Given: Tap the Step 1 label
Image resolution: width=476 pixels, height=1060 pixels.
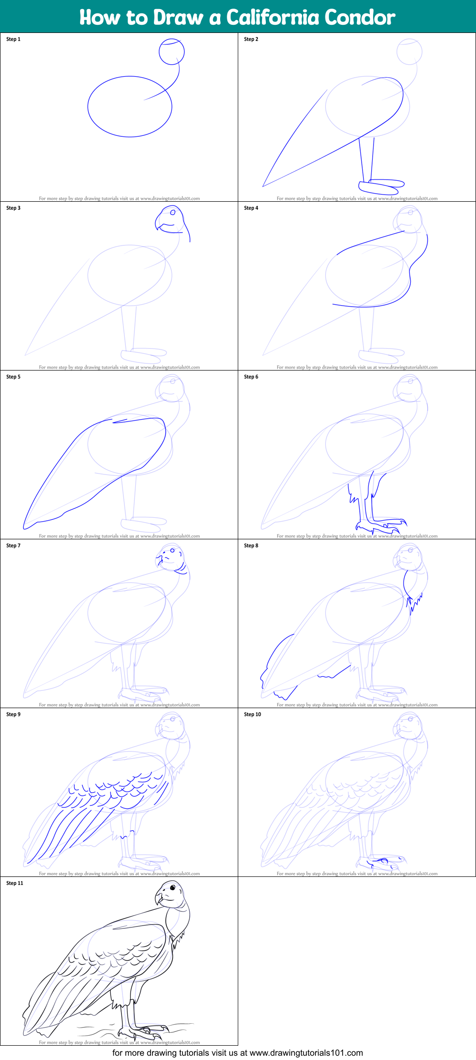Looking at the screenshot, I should click(x=13, y=39).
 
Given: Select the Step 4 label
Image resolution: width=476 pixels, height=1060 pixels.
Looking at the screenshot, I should click(x=251, y=208).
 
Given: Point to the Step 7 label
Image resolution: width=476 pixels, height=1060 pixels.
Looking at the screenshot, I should click(x=13, y=545).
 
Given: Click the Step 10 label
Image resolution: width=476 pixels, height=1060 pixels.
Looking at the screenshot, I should click(x=253, y=714).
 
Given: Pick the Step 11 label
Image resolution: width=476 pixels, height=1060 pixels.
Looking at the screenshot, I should click(x=15, y=883).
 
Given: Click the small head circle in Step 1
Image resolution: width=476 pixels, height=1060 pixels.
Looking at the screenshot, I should click(x=172, y=52).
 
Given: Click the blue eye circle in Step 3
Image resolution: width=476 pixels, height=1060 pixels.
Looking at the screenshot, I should click(x=173, y=213).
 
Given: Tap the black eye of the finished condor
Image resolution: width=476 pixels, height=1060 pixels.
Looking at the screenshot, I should click(x=173, y=888).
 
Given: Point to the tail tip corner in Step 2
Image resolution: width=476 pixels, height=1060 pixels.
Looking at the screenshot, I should click(x=263, y=186).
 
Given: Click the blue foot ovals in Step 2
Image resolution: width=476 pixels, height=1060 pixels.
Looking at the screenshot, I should click(x=381, y=186).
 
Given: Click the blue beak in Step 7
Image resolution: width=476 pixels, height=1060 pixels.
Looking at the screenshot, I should click(x=161, y=559).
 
